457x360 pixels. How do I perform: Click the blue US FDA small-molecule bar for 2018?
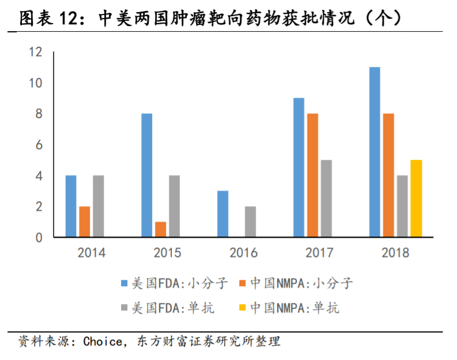coord(375,152)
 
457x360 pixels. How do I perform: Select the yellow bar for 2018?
coord(416,198)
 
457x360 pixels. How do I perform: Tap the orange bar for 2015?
coord(161,229)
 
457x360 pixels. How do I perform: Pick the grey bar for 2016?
coord(250,222)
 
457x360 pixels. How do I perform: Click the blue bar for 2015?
coord(147,175)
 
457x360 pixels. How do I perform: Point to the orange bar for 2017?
coord(312,175)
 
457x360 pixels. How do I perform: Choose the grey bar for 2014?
coord(99,206)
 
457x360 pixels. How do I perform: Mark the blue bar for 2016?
coord(222,213)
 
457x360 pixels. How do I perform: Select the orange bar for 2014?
coord(85,222)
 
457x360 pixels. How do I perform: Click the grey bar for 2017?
coord(326,198)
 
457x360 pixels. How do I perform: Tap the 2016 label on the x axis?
coord(243,253)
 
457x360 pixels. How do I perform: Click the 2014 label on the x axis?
coord(91,253)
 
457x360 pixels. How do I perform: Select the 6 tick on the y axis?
coord(39,145)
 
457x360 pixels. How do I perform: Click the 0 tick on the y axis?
coord(39,237)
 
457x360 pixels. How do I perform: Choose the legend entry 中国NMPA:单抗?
coord(293,308)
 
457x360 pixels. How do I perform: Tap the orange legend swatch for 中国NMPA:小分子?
coord(243,283)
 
